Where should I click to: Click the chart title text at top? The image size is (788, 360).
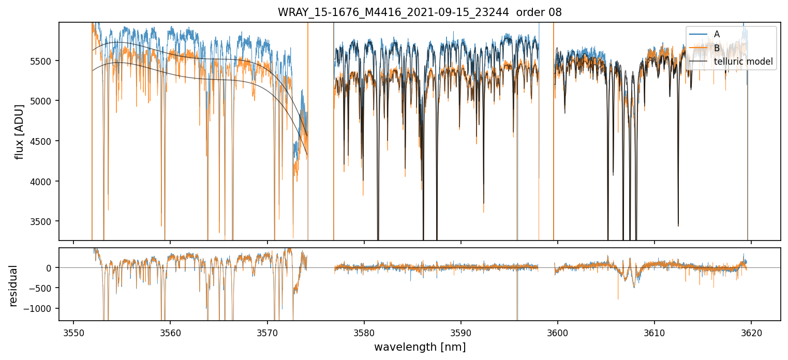420,12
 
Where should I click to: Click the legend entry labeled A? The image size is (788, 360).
717,34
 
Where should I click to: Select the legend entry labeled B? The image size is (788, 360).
717,48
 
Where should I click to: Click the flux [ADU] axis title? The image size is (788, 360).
20,131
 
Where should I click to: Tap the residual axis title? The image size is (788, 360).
13,286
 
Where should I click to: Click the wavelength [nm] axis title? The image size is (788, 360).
420,347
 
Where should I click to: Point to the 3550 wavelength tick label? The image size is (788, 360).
73,331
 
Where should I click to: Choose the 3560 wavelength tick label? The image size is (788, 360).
170,331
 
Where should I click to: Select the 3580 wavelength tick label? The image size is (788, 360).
364,331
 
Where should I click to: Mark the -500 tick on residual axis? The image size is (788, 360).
44,288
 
